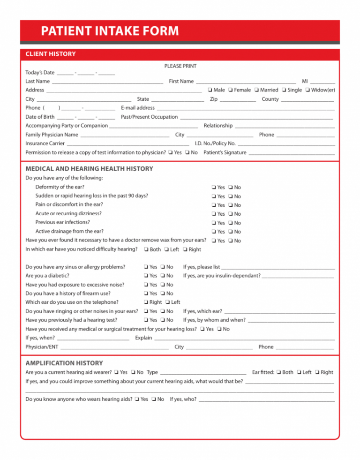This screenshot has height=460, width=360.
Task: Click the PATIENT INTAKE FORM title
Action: tap(110, 31)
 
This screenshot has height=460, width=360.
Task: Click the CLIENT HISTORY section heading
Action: tap(50, 54)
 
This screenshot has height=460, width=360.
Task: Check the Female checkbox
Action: tap(231, 90)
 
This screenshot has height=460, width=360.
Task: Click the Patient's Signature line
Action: tap(292, 153)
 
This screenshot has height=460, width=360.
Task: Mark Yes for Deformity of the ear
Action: tap(214, 188)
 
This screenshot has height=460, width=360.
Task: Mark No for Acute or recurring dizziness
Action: tap(231, 214)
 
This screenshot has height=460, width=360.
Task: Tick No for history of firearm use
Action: tap(163, 294)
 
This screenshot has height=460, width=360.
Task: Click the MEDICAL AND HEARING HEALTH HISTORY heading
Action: tap(89, 169)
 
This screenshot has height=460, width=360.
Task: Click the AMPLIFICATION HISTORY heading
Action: tap(64, 363)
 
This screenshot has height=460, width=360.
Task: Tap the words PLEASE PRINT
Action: tap(180, 66)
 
